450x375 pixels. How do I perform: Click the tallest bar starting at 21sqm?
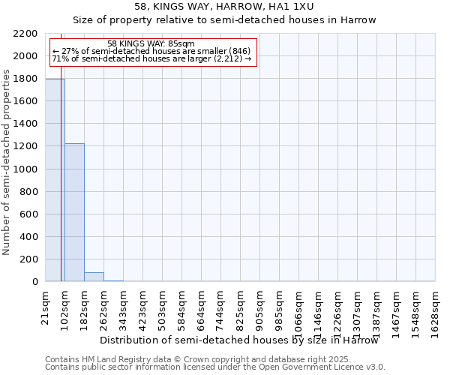55,180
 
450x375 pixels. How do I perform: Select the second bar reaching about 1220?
74,212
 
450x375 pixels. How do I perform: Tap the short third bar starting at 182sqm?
94,277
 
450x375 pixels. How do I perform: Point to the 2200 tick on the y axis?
28,34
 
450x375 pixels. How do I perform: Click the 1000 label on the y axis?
28,169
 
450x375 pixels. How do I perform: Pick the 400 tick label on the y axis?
30,237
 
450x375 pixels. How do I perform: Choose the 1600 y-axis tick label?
28,101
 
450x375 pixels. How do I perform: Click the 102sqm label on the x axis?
65,306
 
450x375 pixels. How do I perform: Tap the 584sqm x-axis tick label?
182,306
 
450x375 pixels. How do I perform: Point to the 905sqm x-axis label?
260,306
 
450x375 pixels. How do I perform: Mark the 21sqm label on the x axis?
46,304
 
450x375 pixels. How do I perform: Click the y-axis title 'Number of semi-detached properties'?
7,162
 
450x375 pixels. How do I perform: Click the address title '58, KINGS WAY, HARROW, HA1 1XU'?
224,7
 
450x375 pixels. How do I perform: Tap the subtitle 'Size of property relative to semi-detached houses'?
224,20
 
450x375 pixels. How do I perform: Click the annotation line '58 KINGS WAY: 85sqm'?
151,43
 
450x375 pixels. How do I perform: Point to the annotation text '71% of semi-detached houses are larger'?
151,58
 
